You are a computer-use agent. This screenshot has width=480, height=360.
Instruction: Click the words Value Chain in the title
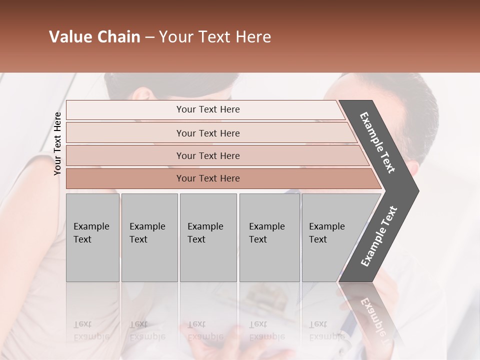[94, 37]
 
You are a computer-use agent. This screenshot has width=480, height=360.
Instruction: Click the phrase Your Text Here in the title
[215, 37]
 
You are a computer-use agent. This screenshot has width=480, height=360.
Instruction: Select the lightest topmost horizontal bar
[125, 109]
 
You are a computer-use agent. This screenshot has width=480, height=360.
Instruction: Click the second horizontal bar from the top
[125, 133]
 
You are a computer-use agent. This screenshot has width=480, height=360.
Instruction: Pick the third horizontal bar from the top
[125, 155]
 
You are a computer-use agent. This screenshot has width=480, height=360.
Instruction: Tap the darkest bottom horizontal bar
[125, 178]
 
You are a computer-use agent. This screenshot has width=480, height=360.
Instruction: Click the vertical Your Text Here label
[57, 143]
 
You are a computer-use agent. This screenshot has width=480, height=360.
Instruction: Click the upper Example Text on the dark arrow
[377, 142]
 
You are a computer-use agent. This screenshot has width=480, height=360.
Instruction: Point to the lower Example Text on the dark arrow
[379, 236]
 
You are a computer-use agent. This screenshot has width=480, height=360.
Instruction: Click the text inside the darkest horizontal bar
[208, 178]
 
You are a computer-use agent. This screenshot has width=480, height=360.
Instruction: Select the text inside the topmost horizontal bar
[208, 109]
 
